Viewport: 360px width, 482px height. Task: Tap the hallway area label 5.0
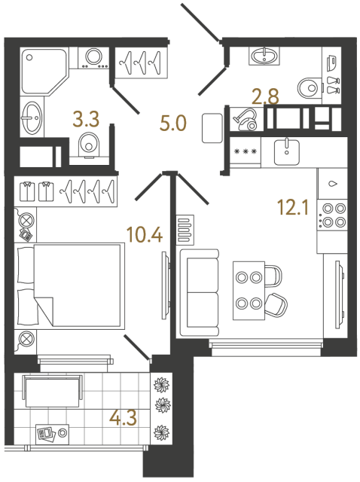pyautogui.click(x=173, y=122)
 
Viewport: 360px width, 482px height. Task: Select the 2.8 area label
pyautogui.click(x=265, y=96)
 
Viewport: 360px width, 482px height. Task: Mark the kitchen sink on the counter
pyautogui.click(x=286, y=151)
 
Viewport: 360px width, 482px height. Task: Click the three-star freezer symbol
pyautogui.click(x=245, y=151)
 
